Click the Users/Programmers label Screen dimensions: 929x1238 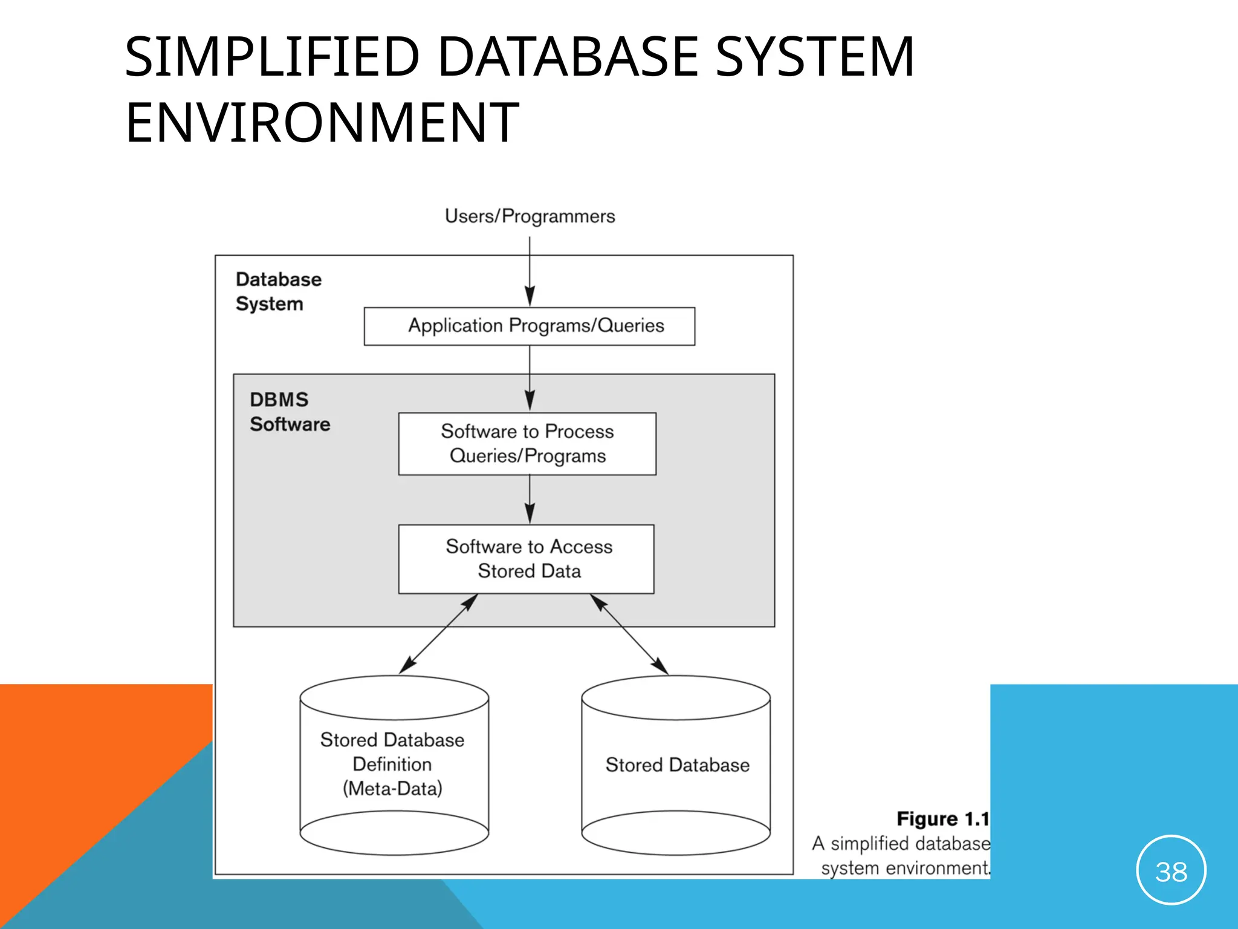[x=530, y=217]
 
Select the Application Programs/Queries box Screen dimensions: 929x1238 [x=530, y=326]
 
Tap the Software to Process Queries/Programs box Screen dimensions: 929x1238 [x=527, y=443]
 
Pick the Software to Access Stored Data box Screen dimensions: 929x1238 [x=527, y=559]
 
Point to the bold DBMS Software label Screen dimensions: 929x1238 [x=289, y=412]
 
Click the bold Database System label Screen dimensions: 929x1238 [x=278, y=292]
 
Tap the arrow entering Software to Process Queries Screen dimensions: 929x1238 [x=530, y=378]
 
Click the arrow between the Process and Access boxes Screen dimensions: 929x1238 [x=530, y=499]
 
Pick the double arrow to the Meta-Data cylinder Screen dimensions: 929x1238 [x=438, y=634]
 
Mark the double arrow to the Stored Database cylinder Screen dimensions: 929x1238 [x=629, y=634]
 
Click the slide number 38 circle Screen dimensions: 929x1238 [x=1171, y=870]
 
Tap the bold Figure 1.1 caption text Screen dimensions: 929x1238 [x=942, y=819]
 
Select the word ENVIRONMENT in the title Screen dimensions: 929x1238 [x=322, y=123]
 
